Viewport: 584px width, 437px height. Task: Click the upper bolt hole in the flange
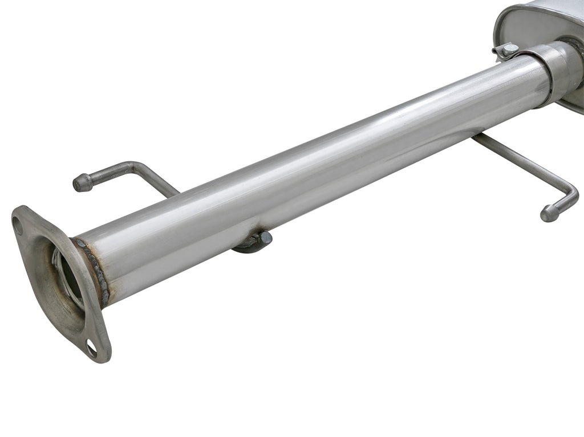coord(18,226)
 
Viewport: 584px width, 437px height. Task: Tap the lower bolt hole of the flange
coord(91,347)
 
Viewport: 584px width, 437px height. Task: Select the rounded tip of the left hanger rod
coord(81,183)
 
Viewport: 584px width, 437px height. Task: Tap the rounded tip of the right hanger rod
coord(549,214)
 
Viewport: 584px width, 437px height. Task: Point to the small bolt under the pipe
coord(265,237)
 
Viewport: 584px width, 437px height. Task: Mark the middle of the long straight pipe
coord(319,165)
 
